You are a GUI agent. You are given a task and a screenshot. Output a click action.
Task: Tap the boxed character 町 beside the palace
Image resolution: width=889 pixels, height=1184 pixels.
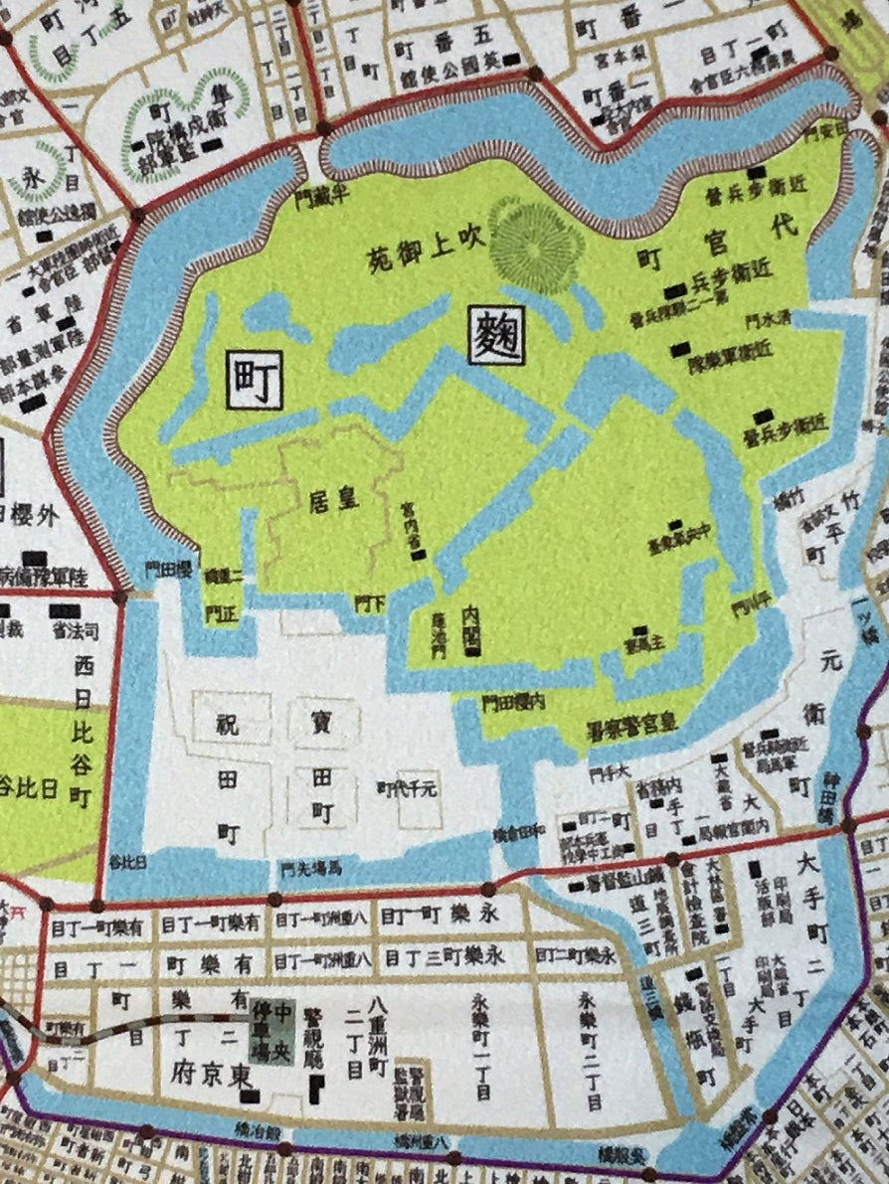tap(255, 379)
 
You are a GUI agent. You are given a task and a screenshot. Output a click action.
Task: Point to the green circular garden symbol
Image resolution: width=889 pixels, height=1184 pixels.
tap(536, 235)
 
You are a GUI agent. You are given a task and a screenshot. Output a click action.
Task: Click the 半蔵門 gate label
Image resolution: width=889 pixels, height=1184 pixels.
tap(320, 197)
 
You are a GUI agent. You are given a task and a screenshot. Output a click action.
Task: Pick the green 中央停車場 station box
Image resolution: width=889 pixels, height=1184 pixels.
tap(271, 1033)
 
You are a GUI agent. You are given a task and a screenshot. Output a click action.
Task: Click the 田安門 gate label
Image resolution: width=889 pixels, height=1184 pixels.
tap(827, 130)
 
